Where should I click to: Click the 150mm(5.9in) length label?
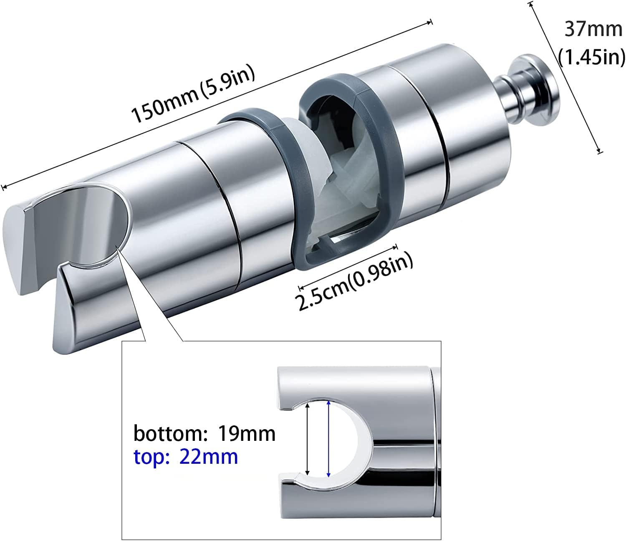pyautogui.click(x=193, y=93)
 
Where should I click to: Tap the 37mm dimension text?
pyautogui.click(x=593, y=30)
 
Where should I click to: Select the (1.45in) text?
pyautogui.click(x=591, y=57)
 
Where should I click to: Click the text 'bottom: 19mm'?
pyautogui.click(x=204, y=433)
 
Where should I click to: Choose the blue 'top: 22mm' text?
pyautogui.click(x=186, y=457)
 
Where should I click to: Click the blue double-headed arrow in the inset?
pyautogui.click(x=329, y=439)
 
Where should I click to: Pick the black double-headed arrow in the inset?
pyautogui.click(x=308, y=439)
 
